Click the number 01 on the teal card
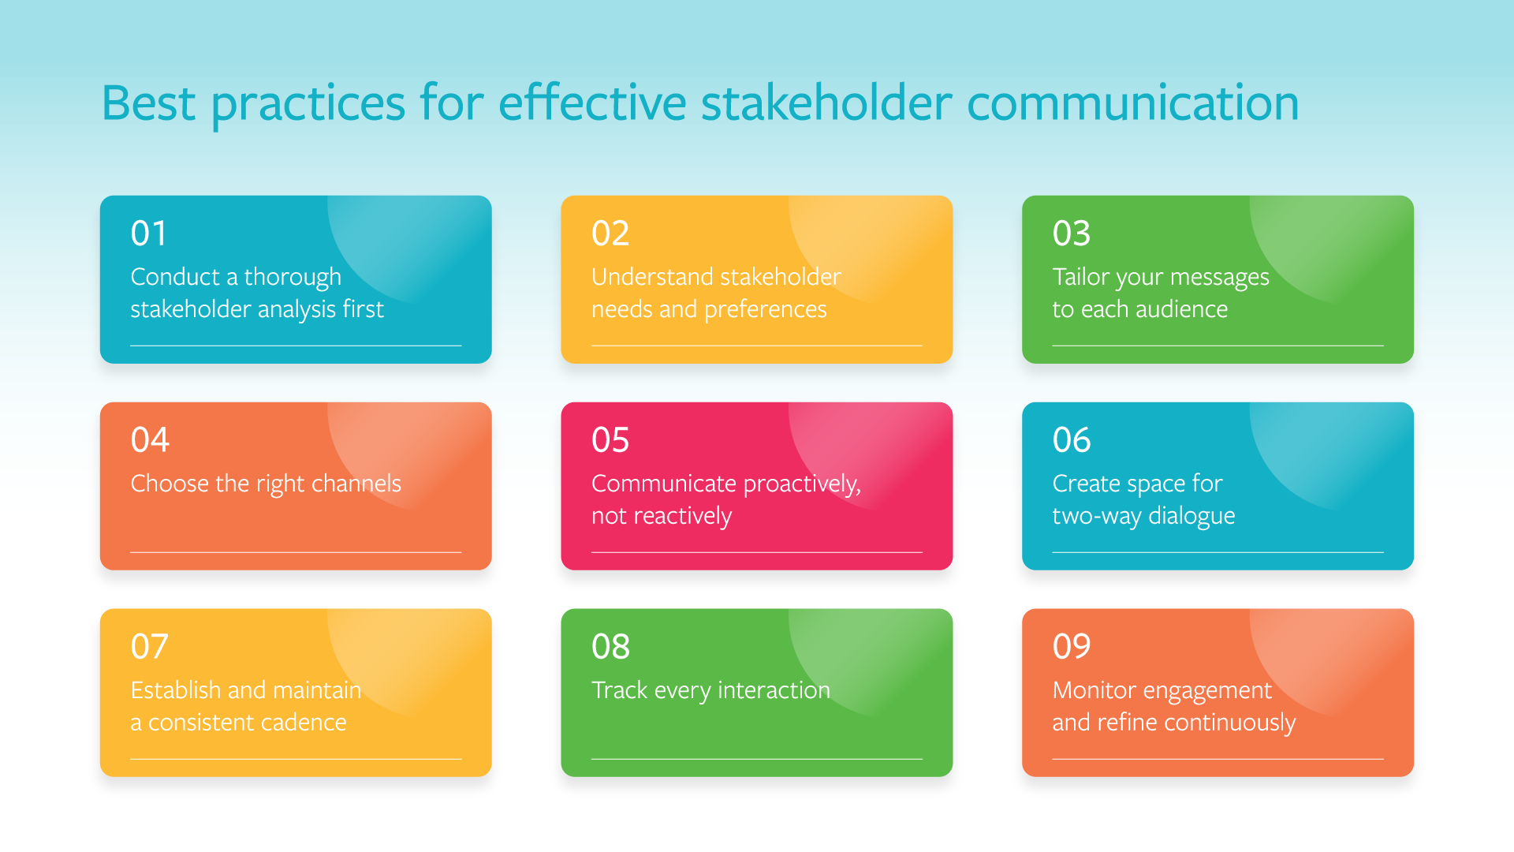tap(149, 234)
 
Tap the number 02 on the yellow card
tap(610, 234)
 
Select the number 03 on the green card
tap(1071, 234)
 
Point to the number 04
tap(150, 440)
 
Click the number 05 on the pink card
tap(610, 440)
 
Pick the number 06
tap(1071, 440)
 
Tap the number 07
tap(150, 647)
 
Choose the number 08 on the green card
tap(610, 647)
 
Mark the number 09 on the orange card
tap(1071, 647)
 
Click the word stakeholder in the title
tap(826, 103)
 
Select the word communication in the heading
tap(1132, 103)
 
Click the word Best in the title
tap(148, 103)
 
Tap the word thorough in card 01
tap(293, 278)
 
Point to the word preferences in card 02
tap(765, 310)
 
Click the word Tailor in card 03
tap(1080, 278)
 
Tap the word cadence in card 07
tap(304, 723)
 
